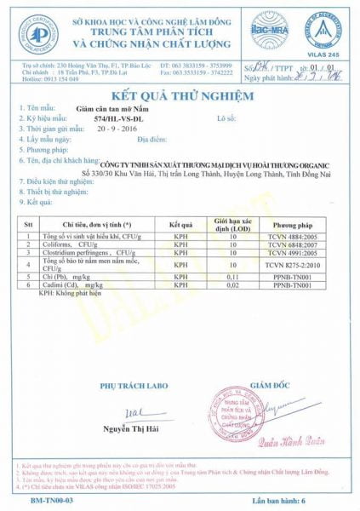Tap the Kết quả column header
click(182, 219)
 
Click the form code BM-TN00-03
click(41, 502)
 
